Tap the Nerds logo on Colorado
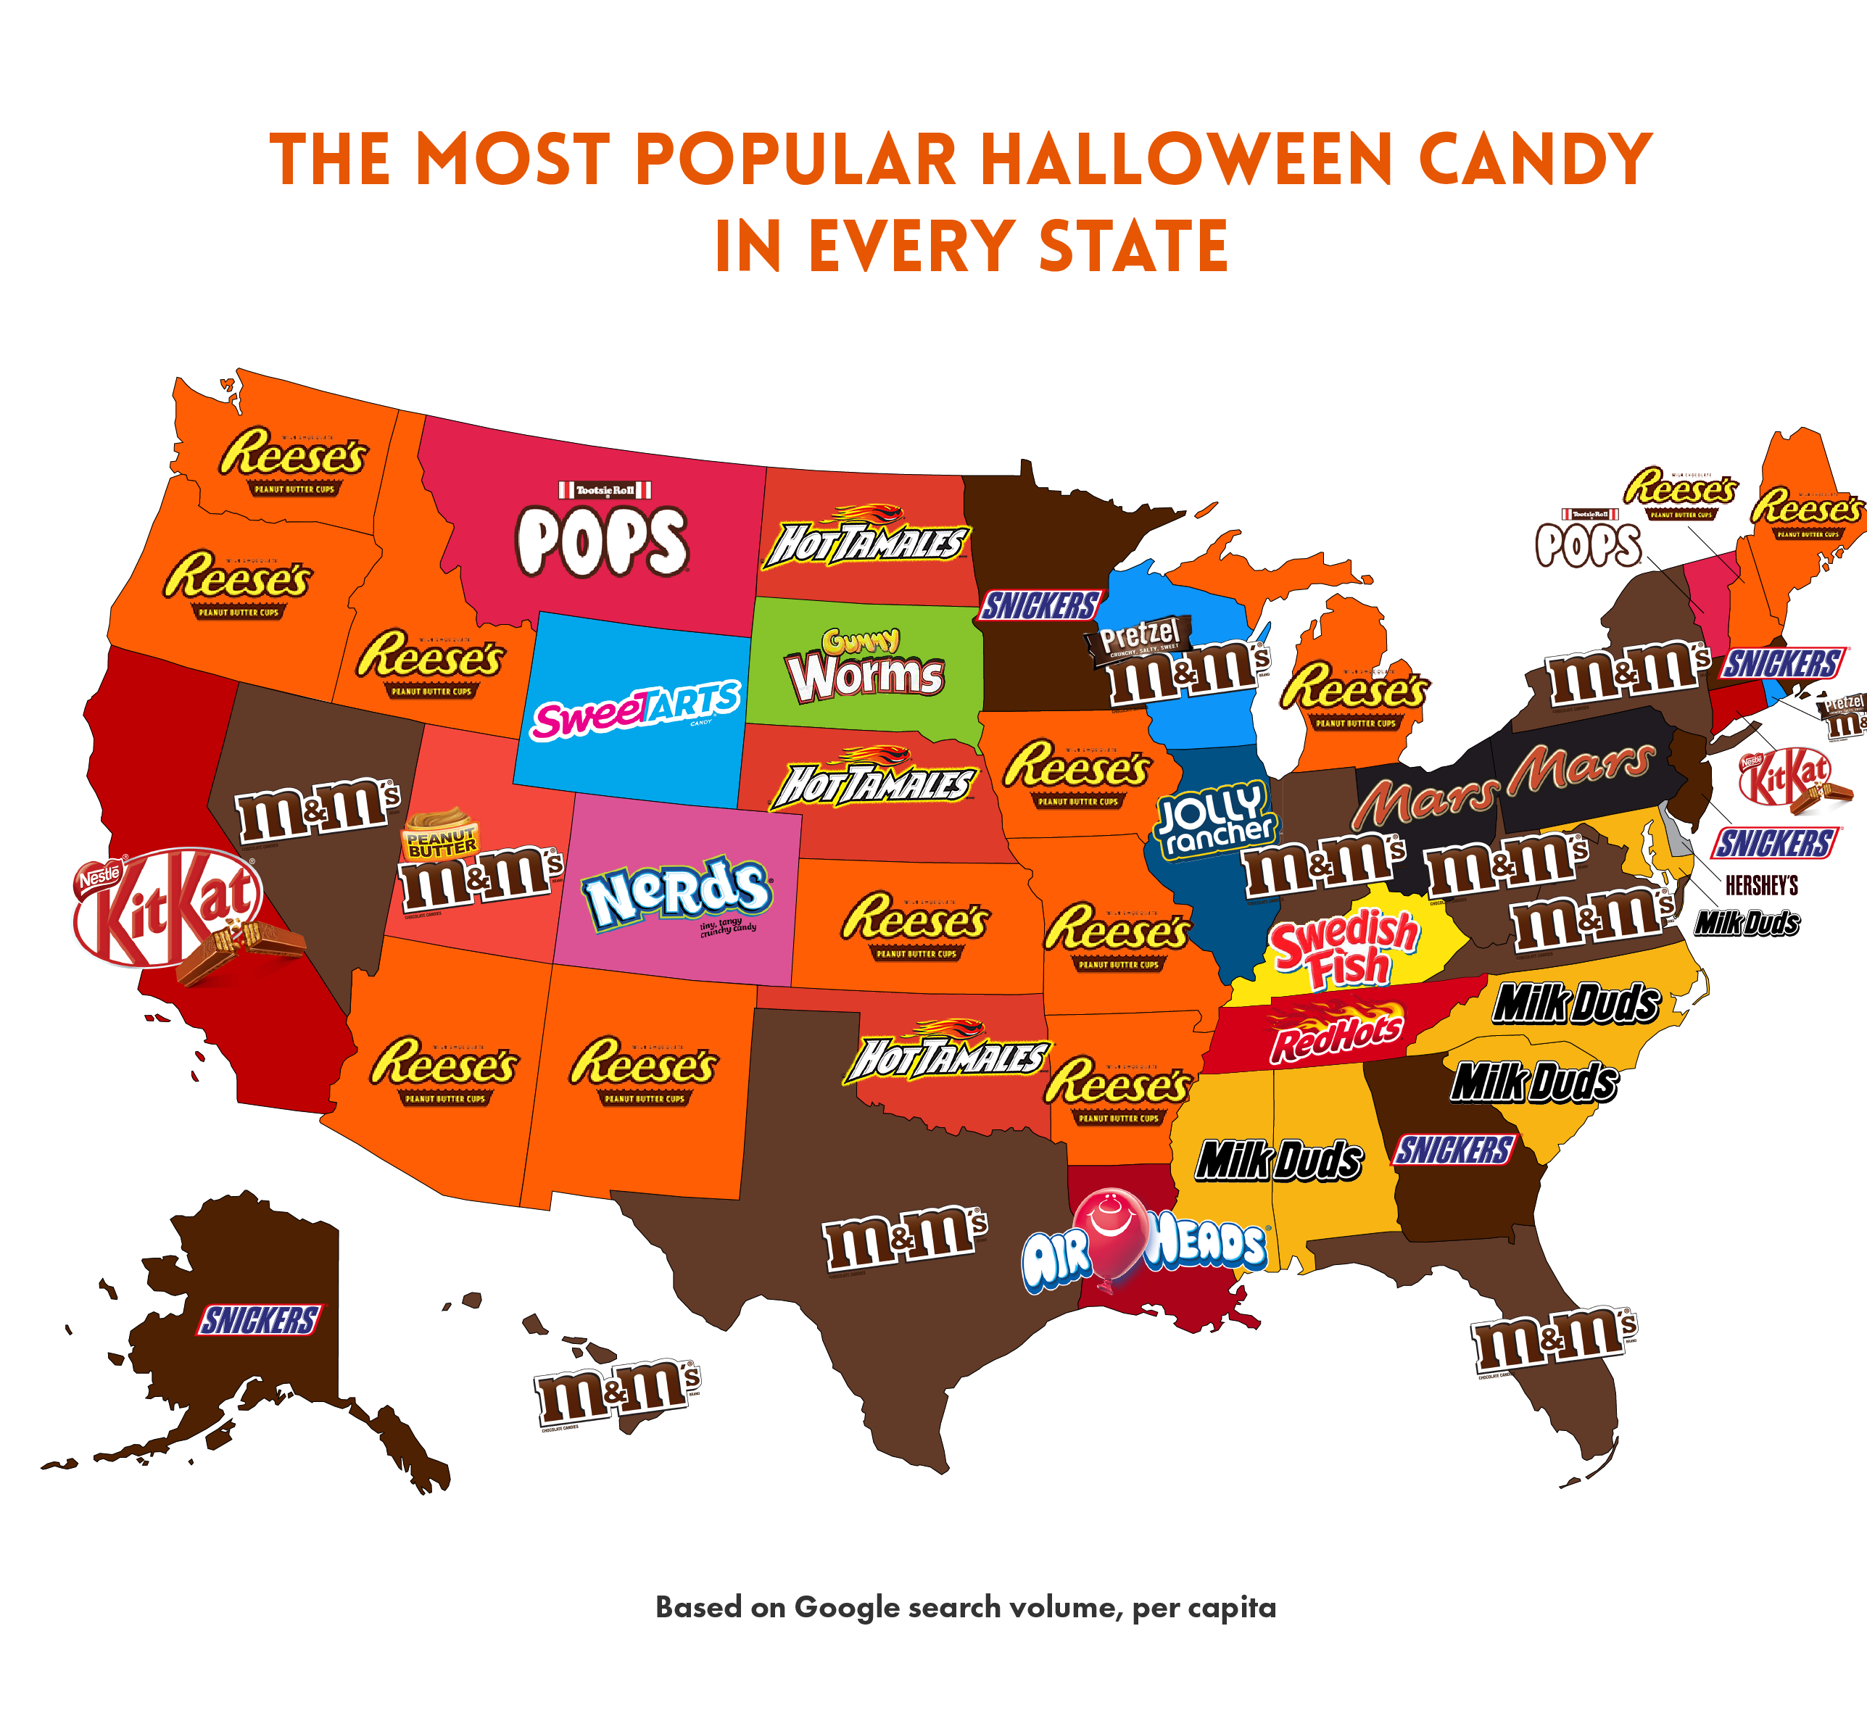tap(676, 893)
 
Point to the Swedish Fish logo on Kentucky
tap(1344, 950)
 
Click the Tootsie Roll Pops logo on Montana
tap(603, 532)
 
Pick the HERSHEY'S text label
tap(1761, 885)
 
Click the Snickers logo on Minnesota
tap(1039, 606)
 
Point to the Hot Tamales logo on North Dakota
tap(866, 539)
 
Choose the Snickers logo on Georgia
tap(1454, 1150)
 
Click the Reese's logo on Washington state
tap(294, 460)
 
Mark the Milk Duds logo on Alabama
tap(1278, 1161)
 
